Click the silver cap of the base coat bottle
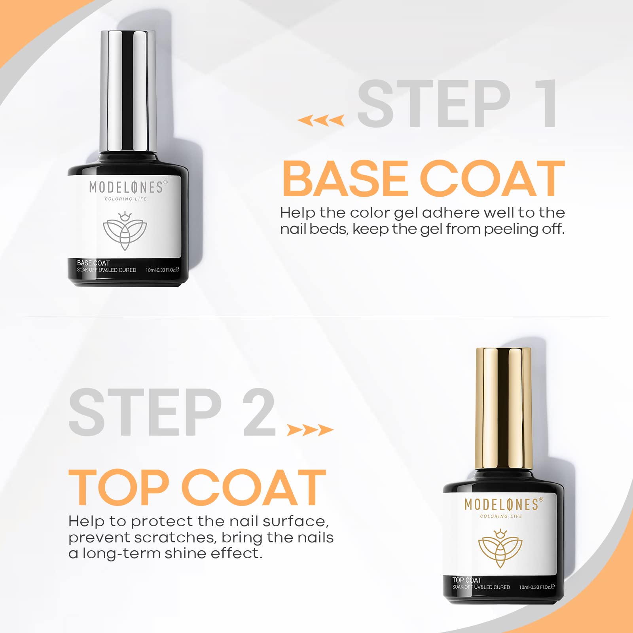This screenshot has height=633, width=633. (x=127, y=91)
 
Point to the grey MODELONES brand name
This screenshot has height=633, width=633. (x=126, y=187)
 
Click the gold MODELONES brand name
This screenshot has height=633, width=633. (x=501, y=504)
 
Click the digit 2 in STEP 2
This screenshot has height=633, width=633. (x=259, y=412)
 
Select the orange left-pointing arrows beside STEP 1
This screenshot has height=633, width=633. (x=321, y=120)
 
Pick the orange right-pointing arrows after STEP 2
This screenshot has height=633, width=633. (x=310, y=430)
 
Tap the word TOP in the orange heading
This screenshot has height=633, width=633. (x=119, y=487)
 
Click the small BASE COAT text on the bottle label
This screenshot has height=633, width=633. (x=93, y=263)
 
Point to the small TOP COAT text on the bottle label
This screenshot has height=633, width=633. (x=467, y=580)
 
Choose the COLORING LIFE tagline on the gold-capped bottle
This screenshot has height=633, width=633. (x=501, y=516)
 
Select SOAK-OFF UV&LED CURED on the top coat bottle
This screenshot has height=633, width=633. (x=481, y=587)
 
